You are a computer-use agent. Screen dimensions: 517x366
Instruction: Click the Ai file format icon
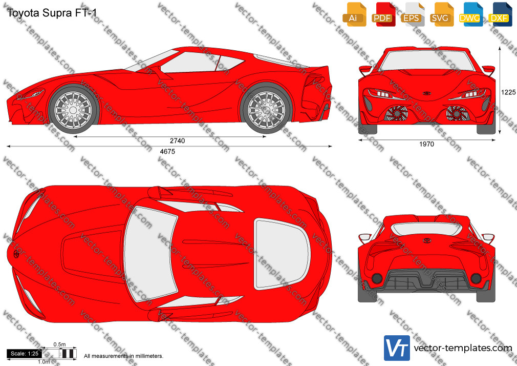354,14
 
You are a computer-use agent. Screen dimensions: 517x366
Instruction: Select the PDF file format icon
383,14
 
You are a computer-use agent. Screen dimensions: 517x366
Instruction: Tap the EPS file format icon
413,14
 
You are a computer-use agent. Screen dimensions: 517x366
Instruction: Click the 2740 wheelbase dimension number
178,141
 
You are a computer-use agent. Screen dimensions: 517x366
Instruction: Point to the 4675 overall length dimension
167,151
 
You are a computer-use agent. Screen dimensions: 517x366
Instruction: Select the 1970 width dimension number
427,144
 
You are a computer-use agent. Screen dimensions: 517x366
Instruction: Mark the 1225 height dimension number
508,92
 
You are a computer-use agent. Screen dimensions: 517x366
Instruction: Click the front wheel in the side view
73,109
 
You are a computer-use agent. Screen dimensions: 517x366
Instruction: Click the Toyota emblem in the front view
427,93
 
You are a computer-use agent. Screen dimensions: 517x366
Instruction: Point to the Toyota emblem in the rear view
427,240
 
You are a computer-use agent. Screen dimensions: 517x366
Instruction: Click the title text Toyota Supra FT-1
52,13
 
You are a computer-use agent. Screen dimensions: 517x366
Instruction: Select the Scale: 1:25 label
25,354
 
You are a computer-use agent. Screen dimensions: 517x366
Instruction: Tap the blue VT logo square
397,348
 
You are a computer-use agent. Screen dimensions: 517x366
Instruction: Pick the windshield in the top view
150,254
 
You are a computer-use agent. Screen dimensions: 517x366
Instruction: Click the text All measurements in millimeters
123,356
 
